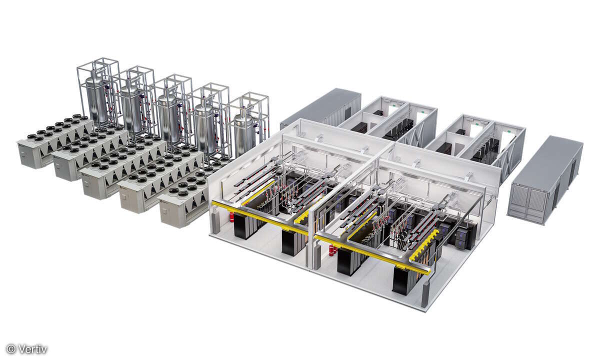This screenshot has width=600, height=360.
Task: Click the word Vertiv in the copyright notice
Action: point(33,349)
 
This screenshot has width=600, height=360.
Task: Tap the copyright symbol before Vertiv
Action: point(11,349)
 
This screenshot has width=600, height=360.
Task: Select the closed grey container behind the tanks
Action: point(320,107)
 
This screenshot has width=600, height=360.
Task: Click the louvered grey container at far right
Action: point(545,180)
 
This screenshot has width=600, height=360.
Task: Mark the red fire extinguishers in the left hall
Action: point(231,217)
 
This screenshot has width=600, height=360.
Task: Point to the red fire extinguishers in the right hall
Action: point(331,250)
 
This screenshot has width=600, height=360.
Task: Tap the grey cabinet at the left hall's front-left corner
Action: point(215,223)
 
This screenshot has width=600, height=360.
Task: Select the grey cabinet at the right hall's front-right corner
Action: point(425,295)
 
